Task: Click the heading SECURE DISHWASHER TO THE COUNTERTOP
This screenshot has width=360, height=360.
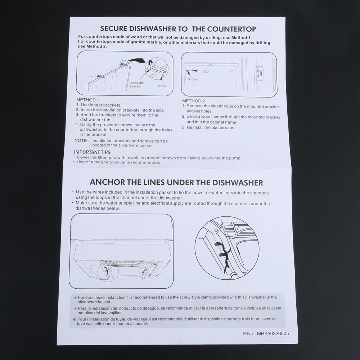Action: pyautogui.click(x=178, y=29)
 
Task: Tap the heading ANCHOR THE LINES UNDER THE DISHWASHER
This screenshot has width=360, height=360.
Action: pyautogui.click(x=176, y=182)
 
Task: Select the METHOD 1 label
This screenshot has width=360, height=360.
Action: pyautogui.click(x=87, y=100)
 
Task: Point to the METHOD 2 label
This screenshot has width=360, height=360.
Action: pyautogui.click(x=193, y=101)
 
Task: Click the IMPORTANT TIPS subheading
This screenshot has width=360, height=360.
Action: pyautogui.click(x=92, y=152)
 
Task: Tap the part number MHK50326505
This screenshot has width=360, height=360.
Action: pyautogui.click(x=273, y=334)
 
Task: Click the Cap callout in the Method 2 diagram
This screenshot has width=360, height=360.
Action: pyautogui.click(x=205, y=71)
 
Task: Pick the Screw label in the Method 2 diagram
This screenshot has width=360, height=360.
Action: pyautogui.click(x=192, y=79)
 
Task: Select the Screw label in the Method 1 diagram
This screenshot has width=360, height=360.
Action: pyautogui.click(x=161, y=86)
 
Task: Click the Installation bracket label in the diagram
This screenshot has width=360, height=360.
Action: pyautogui.click(x=138, y=85)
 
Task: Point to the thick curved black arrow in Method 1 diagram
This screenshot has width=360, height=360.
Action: pyautogui.click(x=137, y=60)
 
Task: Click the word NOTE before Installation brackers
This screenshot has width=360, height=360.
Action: pyautogui.click(x=81, y=140)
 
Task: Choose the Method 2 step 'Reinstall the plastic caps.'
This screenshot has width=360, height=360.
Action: pyautogui.click(x=208, y=128)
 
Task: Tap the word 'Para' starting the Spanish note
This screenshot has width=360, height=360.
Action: pyautogui.click(x=82, y=309)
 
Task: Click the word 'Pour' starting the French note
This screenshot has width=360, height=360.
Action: pyautogui.click(x=81, y=319)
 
